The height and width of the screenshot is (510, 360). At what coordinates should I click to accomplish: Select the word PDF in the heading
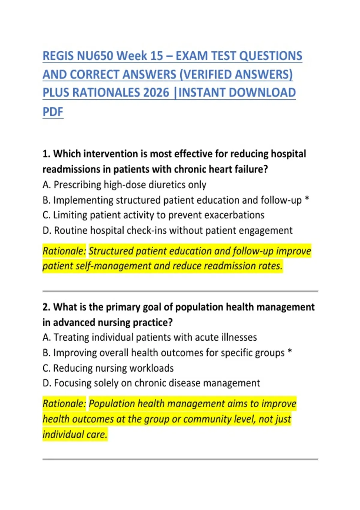pos(53,112)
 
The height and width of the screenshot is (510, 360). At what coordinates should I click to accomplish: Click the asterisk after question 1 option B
pos(307,199)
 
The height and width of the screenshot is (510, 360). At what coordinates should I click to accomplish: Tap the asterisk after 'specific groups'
pos(290,352)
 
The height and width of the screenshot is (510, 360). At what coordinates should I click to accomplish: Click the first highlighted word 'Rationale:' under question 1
pos(64,251)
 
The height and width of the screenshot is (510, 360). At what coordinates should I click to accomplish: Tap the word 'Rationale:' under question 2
pos(64,403)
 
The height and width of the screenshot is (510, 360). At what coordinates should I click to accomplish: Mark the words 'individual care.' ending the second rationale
pos(75,434)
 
